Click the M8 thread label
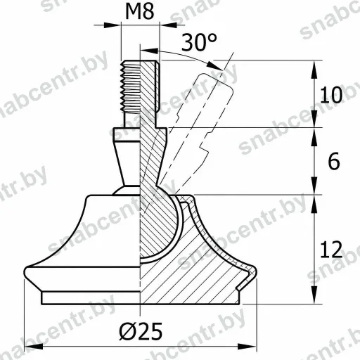140,11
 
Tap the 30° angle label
199,42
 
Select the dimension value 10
331,95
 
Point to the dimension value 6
334,161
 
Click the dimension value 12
331,249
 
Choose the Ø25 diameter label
141,331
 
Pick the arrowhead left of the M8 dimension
112,25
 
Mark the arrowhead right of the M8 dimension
168,25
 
